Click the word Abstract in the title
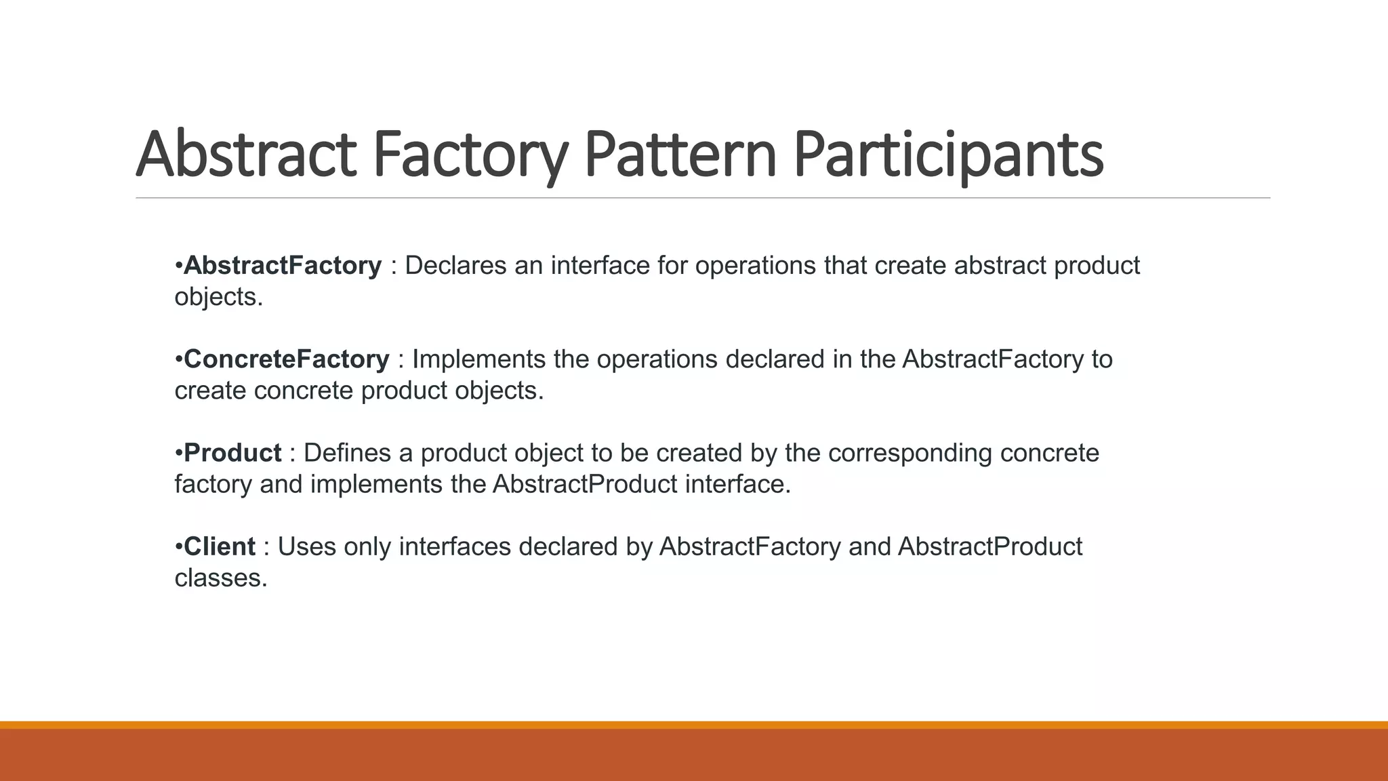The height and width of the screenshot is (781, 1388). pos(245,154)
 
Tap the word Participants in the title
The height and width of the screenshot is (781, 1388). pos(948,154)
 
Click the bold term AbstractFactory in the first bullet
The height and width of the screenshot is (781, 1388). pos(283,265)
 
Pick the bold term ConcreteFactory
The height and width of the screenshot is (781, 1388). pos(287,359)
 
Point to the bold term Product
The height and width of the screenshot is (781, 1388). pos(232,452)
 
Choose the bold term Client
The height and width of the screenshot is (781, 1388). pos(220,546)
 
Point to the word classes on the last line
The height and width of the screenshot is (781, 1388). pos(221,578)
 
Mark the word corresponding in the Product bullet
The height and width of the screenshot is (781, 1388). pos(910,452)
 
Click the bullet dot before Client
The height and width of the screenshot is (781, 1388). pos(178,546)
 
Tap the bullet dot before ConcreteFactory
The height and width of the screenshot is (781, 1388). pos(178,359)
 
